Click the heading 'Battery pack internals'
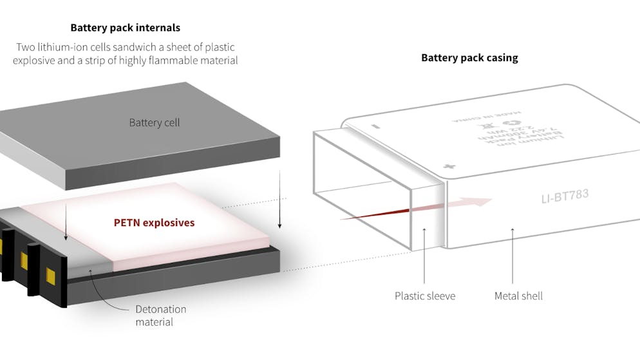pos(125,28)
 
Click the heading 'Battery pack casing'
pos(469,57)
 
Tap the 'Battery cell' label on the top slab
pos(154,122)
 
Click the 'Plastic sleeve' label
pos(425,296)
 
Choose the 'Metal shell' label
pos(518,296)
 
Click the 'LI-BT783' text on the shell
pos(565,194)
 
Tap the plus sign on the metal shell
pos(449,167)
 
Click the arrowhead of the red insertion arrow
pos(484,202)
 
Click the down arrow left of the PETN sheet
pos(67,237)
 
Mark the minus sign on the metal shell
pos(375,126)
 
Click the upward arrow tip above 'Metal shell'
pos(513,229)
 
